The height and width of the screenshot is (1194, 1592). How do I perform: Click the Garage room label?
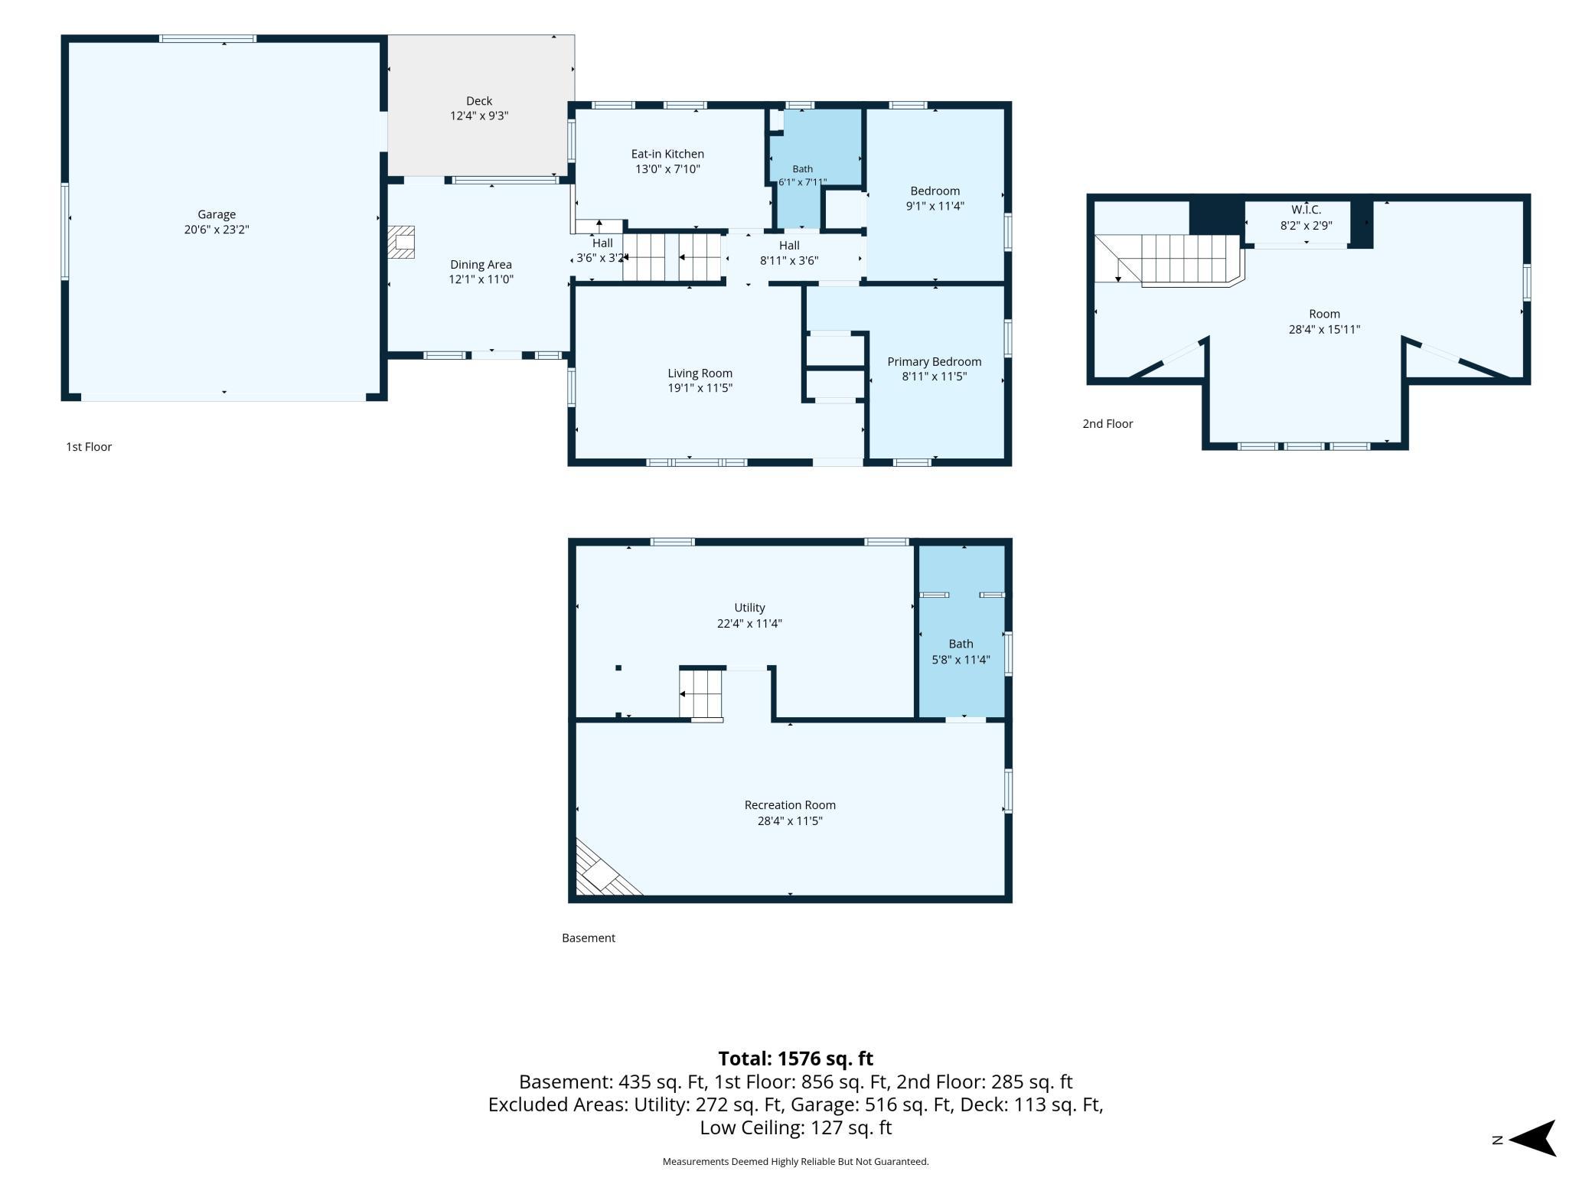click(x=217, y=214)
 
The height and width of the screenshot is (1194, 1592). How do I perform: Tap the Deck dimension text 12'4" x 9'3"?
click(x=479, y=116)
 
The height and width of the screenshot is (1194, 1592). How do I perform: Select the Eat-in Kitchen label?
click(x=667, y=154)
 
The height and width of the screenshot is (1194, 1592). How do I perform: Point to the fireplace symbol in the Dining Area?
click(x=401, y=241)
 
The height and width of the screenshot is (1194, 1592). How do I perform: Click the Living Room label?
click(x=700, y=374)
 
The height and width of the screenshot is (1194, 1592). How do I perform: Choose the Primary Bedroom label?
click(x=934, y=362)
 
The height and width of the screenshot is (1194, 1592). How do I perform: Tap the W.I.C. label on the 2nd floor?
click(x=1306, y=210)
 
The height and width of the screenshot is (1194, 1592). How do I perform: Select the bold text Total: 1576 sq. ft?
click(x=795, y=1059)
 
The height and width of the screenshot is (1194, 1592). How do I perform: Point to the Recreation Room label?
click(x=790, y=805)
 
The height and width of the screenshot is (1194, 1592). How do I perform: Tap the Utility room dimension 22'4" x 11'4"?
click(x=749, y=623)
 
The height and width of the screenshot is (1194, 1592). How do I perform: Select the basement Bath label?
click(x=961, y=644)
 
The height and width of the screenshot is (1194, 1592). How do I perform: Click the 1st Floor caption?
click(x=89, y=447)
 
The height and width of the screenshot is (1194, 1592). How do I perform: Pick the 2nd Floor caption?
click(x=1108, y=424)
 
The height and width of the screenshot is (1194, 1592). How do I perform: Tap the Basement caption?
click(x=589, y=938)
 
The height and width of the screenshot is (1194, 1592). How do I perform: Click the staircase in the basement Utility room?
click(x=701, y=693)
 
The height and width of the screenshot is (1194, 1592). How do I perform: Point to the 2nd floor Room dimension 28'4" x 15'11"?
click(x=1324, y=330)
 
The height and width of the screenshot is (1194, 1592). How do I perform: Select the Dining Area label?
click(x=481, y=265)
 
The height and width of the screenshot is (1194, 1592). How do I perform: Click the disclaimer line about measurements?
click(x=795, y=1162)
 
